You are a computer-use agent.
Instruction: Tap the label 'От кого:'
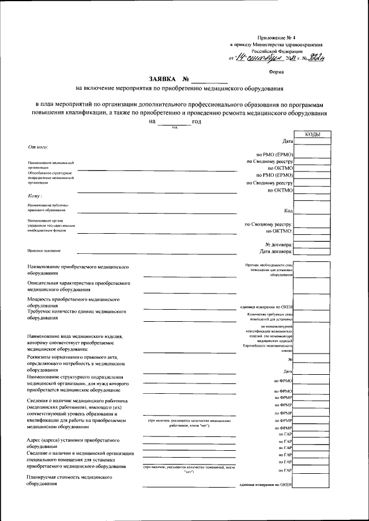pos(37,147)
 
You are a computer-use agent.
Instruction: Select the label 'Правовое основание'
pos(44,251)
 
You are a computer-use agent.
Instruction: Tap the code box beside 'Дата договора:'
pos(312,252)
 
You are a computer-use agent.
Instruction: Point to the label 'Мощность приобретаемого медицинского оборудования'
pos(73,302)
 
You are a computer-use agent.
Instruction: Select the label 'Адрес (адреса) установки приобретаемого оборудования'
pos(73,443)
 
